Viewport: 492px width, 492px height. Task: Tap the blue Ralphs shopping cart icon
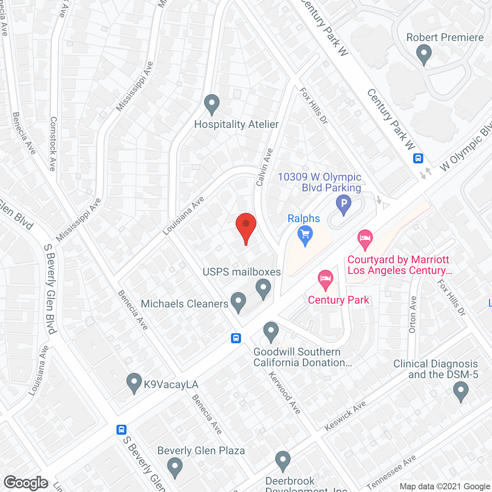click(x=305, y=235)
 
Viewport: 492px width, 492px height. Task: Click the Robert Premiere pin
click(x=424, y=54)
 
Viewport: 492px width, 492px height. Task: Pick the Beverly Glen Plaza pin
click(x=175, y=467)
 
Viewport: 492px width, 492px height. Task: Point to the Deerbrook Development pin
click(x=283, y=461)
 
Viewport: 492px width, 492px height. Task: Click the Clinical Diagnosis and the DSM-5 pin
click(x=460, y=392)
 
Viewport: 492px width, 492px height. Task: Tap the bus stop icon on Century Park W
click(x=418, y=158)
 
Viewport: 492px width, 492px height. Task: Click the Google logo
click(x=26, y=483)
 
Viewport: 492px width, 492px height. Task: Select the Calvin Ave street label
click(x=264, y=167)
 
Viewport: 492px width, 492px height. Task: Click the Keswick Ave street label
click(x=345, y=416)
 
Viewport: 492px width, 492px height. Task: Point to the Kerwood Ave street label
click(x=284, y=392)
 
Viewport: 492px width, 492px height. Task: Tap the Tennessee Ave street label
click(x=391, y=472)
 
